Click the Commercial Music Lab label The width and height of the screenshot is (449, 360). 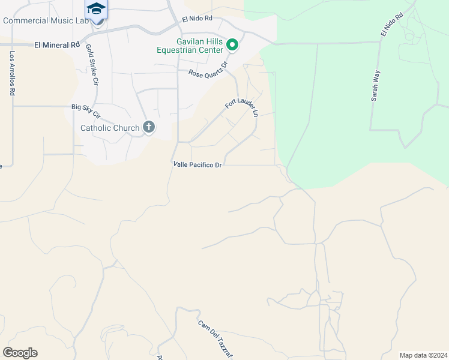pos(46,21)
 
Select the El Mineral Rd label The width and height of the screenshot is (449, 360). pos(57,45)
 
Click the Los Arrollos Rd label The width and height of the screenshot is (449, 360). pos(11,74)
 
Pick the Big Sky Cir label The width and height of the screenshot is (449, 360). pos(86,112)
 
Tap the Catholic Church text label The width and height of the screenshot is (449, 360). pos(110,128)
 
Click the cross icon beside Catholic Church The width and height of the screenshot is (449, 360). pos(149,127)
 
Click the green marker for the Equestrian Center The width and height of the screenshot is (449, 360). pos(234,45)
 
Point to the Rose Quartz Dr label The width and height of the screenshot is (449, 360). pos(209,68)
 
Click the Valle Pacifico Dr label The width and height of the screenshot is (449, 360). pos(197,164)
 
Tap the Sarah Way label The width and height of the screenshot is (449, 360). pos(376,85)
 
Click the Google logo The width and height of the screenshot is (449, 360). pos(20,353)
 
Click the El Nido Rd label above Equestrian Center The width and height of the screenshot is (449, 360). pos(197,18)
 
